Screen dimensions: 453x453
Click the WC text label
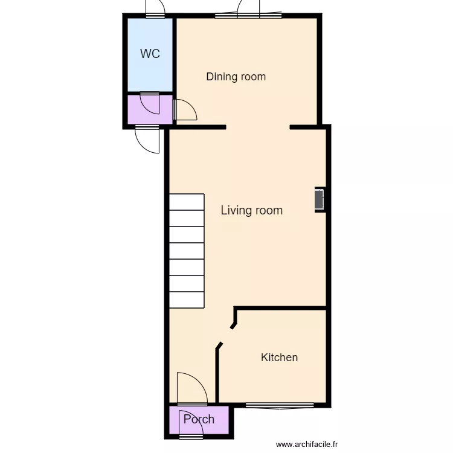(150, 54)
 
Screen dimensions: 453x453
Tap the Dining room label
(236, 77)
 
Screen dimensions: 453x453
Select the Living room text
(251, 210)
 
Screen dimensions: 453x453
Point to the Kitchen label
(279, 357)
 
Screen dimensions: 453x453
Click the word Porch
(199, 419)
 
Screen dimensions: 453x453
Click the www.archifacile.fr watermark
(307, 445)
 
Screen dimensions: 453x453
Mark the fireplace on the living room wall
(320, 200)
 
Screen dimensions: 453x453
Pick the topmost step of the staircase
(187, 202)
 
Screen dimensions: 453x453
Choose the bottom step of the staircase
(187, 300)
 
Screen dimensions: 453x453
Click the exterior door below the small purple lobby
(147, 139)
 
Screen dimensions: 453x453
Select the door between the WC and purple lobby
(149, 103)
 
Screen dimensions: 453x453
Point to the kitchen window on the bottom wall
(280, 405)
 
